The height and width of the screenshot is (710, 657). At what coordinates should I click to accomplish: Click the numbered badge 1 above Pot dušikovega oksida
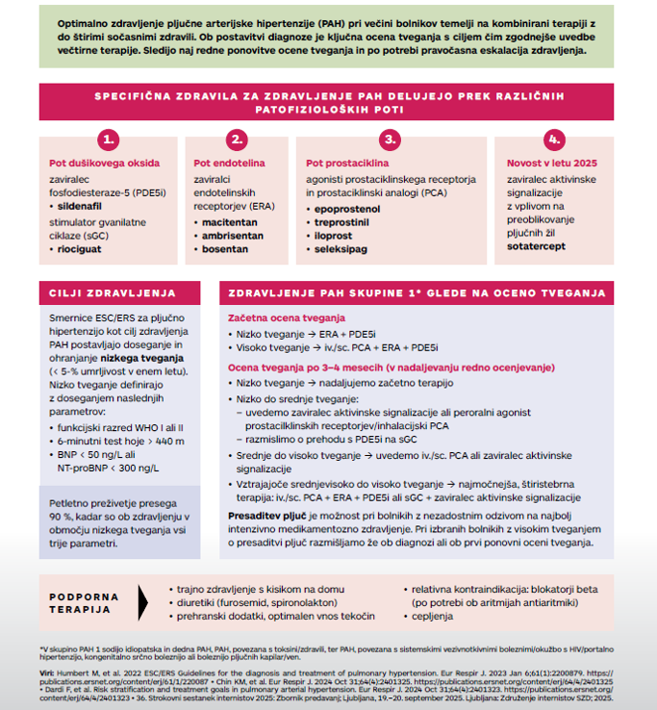[x=111, y=139]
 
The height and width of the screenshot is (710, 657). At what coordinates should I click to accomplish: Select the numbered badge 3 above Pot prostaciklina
[x=389, y=139]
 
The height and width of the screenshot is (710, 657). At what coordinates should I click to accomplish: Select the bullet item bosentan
[x=226, y=249]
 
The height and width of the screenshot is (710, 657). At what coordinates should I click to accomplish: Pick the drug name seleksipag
[x=341, y=249]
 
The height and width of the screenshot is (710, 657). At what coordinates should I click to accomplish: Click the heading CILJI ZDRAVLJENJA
[x=113, y=292]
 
